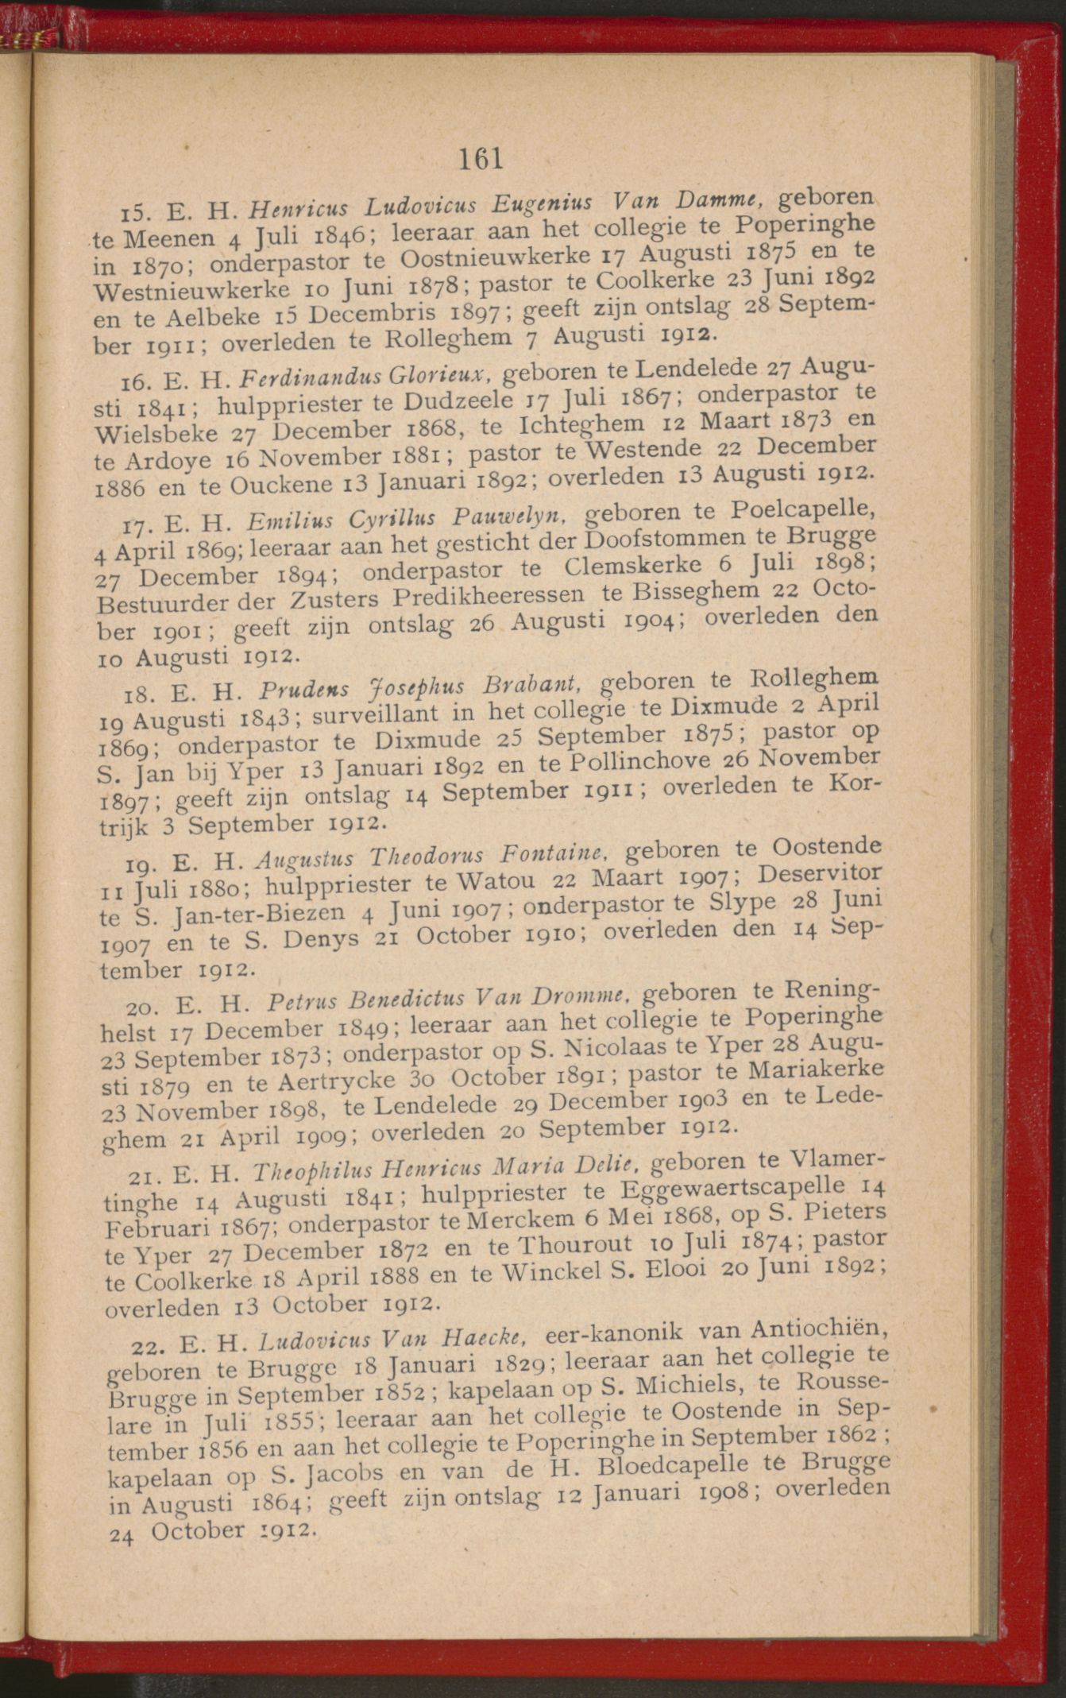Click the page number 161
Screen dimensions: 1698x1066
(x=481, y=159)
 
